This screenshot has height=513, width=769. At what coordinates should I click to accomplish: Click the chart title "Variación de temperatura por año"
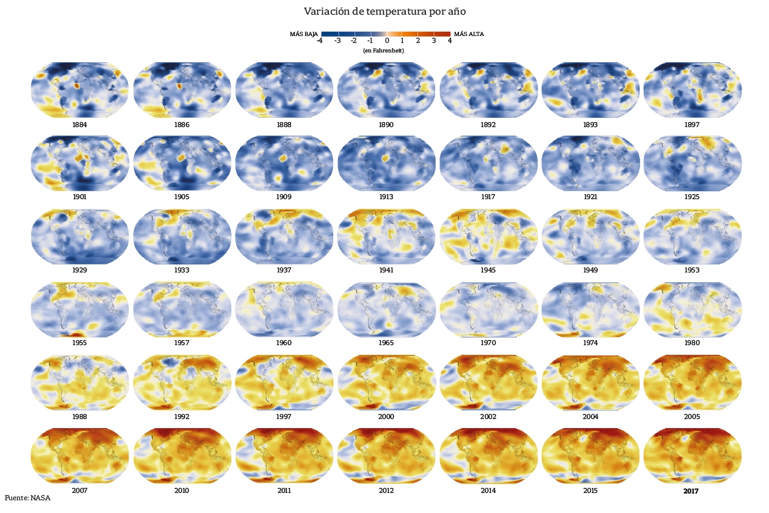[x=385, y=12]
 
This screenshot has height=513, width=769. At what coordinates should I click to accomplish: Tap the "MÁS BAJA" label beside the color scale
[x=304, y=34]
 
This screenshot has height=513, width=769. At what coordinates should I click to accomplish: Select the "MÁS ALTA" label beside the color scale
[x=469, y=34]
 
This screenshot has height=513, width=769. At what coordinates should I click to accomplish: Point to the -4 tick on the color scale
[x=320, y=41]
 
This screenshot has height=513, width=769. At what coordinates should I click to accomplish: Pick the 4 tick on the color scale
[x=450, y=41]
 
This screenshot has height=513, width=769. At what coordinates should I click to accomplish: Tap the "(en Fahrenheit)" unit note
[x=384, y=51]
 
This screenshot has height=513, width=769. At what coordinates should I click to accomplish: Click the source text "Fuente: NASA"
[x=27, y=498]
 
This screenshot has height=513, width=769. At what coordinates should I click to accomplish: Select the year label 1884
[x=79, y=125]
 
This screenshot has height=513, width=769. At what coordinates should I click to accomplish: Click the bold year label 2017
[x=691, y=490]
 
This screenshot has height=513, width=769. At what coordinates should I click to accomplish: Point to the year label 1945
[x=488, y=270]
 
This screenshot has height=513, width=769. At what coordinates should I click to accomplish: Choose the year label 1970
[x=488, y=343]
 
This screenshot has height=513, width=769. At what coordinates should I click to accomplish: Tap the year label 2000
[x=386, y=417]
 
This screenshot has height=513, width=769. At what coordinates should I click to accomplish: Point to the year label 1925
[x=692, y=197]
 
